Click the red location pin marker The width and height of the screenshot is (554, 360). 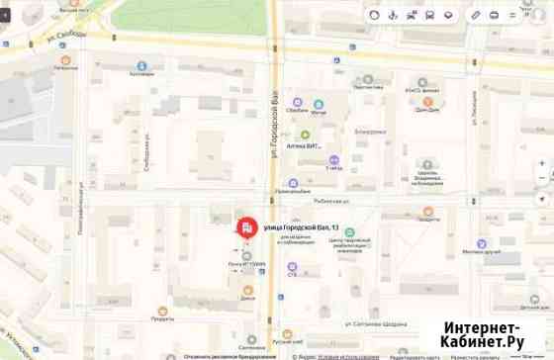click(243, 228)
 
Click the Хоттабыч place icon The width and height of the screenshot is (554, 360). click(143, 62)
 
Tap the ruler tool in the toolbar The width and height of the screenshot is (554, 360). click(476, 15)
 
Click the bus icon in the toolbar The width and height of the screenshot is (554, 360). click(429, 15)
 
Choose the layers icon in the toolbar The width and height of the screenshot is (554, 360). click(448, 15)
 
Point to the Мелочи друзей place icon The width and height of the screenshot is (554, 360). click(481, 243)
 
